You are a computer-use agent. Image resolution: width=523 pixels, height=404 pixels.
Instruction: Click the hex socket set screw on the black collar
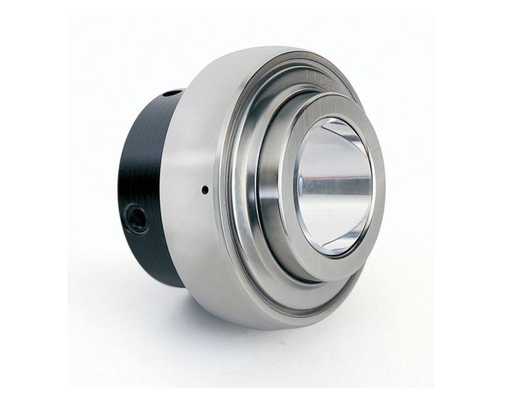(x=137, y=219)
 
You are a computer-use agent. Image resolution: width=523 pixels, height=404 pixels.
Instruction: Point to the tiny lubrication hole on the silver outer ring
(x=205, y=190)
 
